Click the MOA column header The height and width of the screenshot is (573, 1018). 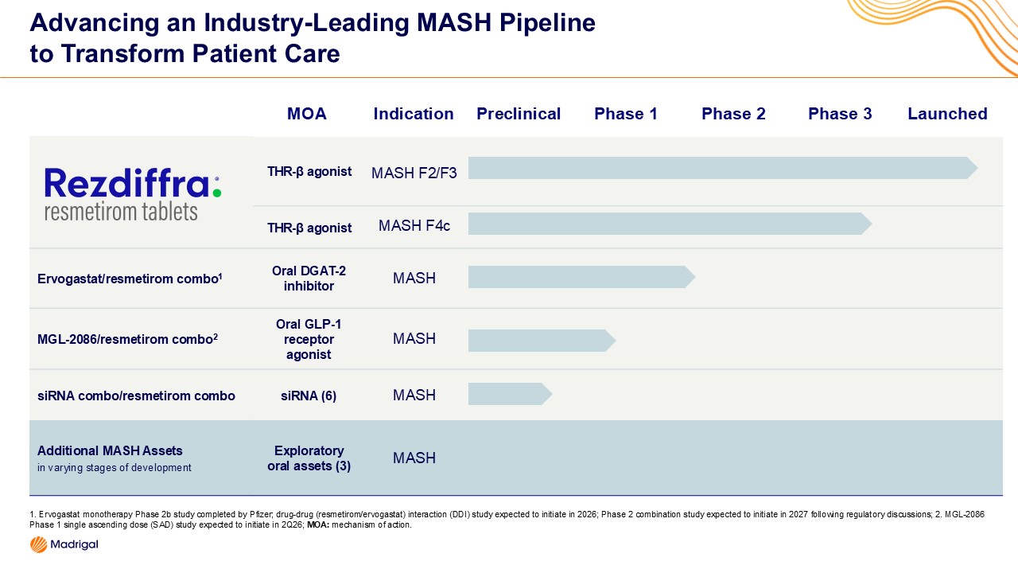307,114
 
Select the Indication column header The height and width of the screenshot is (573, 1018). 414,114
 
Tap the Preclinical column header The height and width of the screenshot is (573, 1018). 519,114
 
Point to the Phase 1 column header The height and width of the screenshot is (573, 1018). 626,114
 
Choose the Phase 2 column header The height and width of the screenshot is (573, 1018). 733,114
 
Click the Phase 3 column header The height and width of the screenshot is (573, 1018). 840,114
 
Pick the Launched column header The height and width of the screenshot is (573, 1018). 947,114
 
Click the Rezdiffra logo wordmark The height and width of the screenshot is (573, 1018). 127,183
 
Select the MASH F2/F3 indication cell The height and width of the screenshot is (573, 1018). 414,173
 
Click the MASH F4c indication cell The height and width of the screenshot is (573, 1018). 414,226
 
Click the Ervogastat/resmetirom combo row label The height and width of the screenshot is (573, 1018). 128,279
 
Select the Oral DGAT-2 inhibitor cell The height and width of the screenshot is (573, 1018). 309,279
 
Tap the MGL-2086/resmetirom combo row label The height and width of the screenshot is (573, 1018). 127,339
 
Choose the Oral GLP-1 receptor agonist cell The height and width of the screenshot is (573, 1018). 309,339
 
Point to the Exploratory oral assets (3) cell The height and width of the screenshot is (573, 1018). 309,458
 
